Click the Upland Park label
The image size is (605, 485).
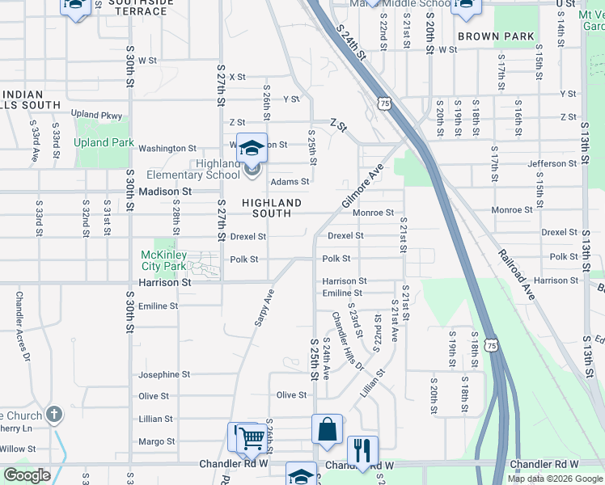coord(103,143)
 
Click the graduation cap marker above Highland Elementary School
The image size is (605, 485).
coord(252,148)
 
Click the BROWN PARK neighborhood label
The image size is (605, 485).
coord(496,36)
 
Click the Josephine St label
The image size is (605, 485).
coord(164,374)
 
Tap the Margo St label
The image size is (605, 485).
coord(157,441)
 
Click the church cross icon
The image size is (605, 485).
coord(54,416)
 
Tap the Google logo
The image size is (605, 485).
coord(27,475)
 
